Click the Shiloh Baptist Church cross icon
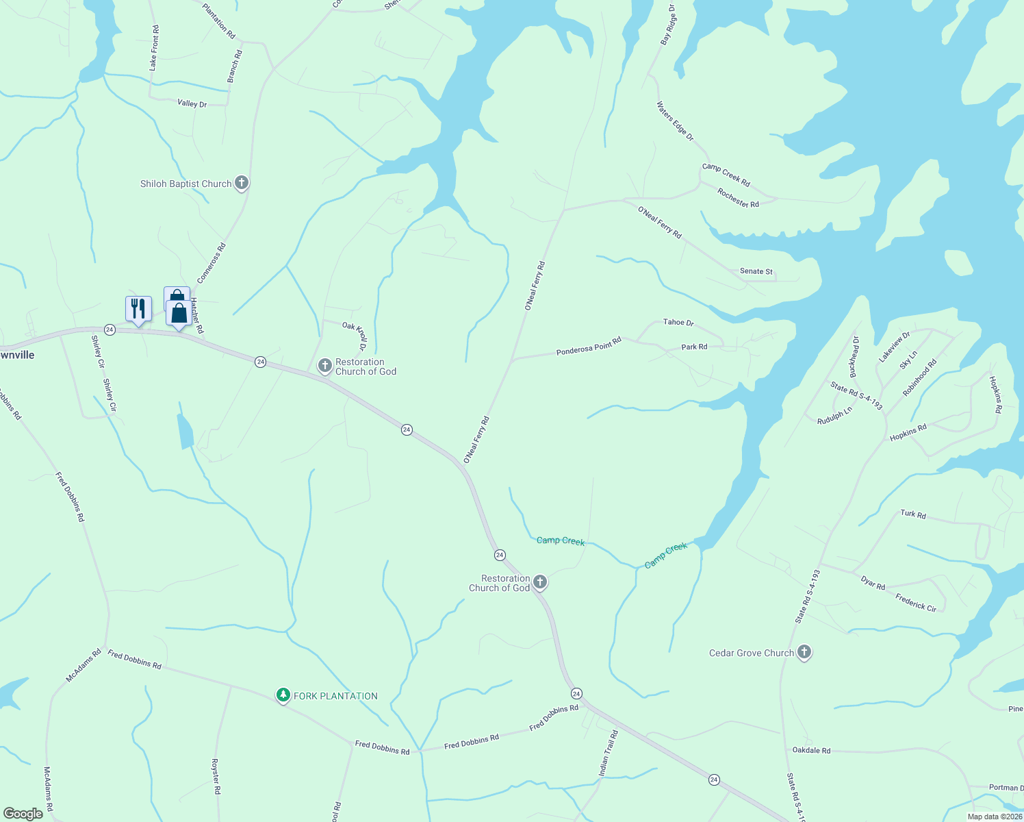coord(241,183)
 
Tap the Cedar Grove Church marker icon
coord(804,652)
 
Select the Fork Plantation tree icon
coord(283,695)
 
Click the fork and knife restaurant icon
coord(138,309)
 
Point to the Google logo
coord(23,813)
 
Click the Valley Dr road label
coord(192,103)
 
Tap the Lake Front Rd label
coord(154,48)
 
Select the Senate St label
coord(756,271)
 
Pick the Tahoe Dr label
coord(678,322)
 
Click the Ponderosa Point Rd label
coord(589,347)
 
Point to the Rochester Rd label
coord(738,198)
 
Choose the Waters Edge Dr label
coord(675,121)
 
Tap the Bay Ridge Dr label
coord(667,25)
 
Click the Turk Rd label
coord(913,514)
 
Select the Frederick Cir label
coord(916,601)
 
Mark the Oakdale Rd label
coord(811,750)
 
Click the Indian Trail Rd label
coord(608,753)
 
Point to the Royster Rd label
coord(216,776)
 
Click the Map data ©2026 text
coord(995,816)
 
